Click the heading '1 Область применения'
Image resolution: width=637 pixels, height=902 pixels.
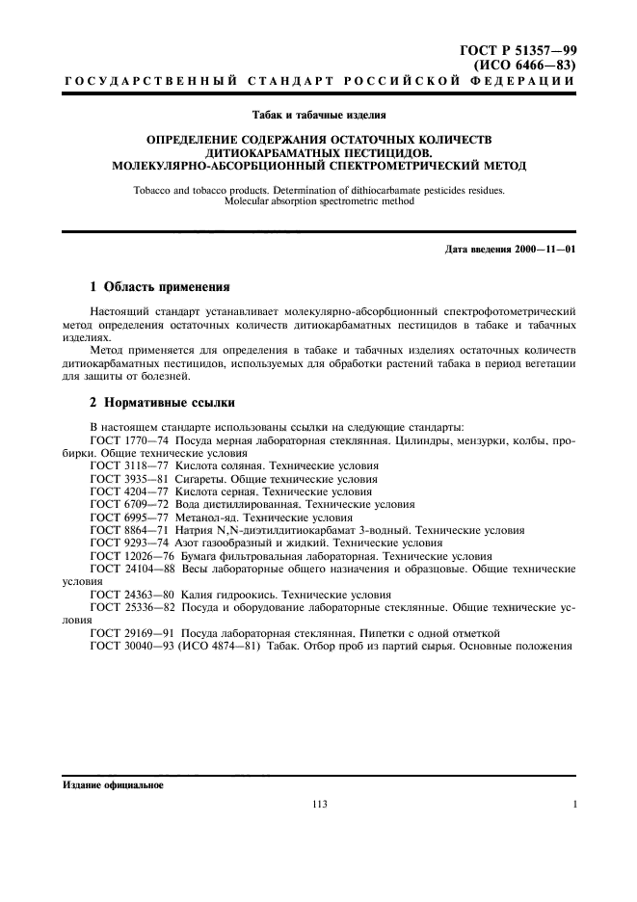[x=159, y=286]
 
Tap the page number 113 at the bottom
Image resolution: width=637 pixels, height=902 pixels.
[x=320, y=805]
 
